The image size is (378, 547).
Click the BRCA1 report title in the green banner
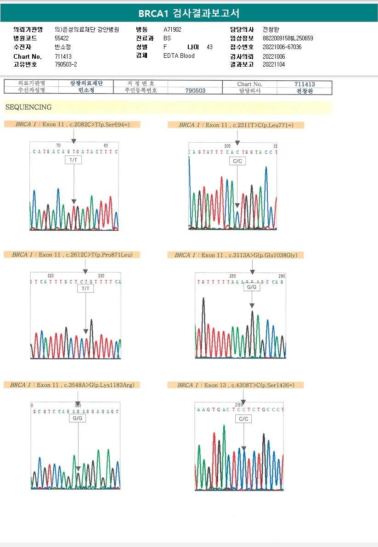pyautogui.click(x=189, y=13)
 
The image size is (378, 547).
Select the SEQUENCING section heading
pyautogui.click(x=28, y=107)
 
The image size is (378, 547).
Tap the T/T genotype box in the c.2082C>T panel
pyautogui.click(x=73, y=160)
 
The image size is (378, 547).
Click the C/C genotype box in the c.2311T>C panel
pyautogui.click(x=237, y=161)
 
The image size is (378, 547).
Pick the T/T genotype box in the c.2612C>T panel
pyautogui.click(x=86, y=289)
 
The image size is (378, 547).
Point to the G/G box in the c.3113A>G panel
pyautogui.click(x=252, y=287)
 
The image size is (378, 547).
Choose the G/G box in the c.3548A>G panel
pyautogui.click(x=78, y=419)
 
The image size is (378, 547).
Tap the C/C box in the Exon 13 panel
pyautogui.click(x=243, y=419)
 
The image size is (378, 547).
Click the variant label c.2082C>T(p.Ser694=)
pyautogui.click(x=72, y=124)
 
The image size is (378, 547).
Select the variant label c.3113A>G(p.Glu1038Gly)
pyautogui.click(x=236, y=255)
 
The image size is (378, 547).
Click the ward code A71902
pyautogui.click(x=173, y=29)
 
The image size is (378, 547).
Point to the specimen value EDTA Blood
pyautogui.click(x=179, y=56)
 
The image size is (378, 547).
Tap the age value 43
pyautogui.click(x=209, y=47)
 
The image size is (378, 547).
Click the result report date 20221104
pyautogui.click(x=274, y=65)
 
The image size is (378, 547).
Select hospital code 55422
pyautogui.click(x=62, y=39)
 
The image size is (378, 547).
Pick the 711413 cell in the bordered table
pyautogui.click(x=305, y=84)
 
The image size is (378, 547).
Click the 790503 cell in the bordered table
pyautogui.click(x=195, y=91)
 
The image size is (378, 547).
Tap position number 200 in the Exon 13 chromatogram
pyautogui.click(x=239, y=405)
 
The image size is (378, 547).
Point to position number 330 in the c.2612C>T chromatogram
pyautogui.click(x=101, y=275)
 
